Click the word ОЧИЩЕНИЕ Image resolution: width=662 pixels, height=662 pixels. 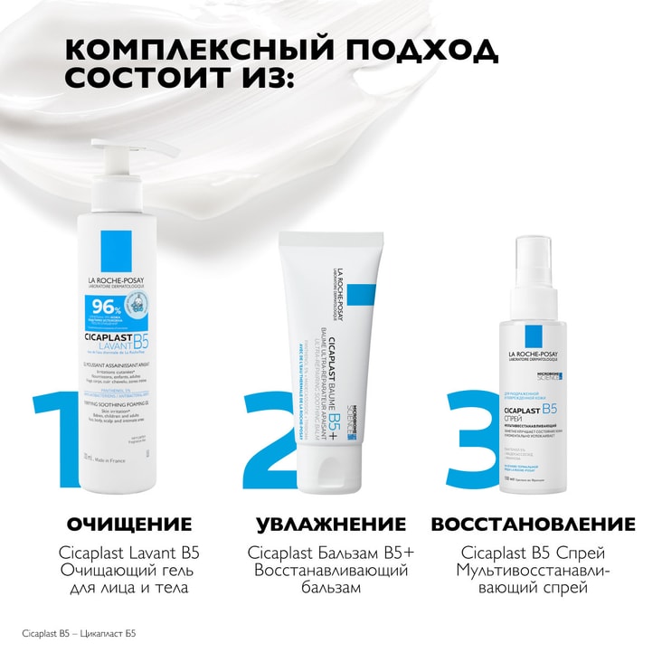(x=130, y=525)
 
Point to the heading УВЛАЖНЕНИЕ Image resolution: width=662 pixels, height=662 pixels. (x=331, y=525)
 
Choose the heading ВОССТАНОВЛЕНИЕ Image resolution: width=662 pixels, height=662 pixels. (x=534, y=525)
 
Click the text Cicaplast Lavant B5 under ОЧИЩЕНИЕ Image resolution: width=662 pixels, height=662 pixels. (x=129, y=553)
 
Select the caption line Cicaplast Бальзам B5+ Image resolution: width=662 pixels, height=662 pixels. (x=331, y=553)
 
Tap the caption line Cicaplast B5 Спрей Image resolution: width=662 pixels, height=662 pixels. (x=533, y=553)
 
